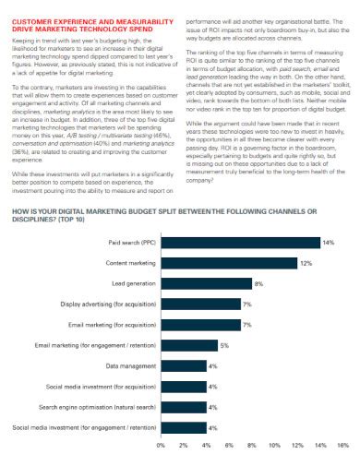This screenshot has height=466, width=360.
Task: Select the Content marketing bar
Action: coord(229,263)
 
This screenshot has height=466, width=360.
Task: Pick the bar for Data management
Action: coord(183,365)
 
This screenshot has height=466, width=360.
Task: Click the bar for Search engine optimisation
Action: coord(183,407)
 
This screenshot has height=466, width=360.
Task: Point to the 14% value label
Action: coord(328,242)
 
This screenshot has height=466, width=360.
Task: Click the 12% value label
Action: coord(305,263)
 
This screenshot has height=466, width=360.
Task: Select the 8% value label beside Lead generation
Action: coord(258,283)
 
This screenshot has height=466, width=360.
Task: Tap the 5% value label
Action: coord(224,345)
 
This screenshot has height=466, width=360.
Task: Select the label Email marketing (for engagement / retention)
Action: coord(95,345)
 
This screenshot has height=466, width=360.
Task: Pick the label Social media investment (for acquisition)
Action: coord(103,387)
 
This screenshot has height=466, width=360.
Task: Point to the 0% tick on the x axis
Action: coord(162,445)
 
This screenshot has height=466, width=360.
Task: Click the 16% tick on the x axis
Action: coord(342,445)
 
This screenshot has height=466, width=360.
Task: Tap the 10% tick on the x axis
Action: coord(274,445)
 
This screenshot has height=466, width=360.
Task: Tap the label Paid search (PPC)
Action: coord(132,242)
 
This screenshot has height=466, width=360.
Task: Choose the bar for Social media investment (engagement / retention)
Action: coord(183,428)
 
